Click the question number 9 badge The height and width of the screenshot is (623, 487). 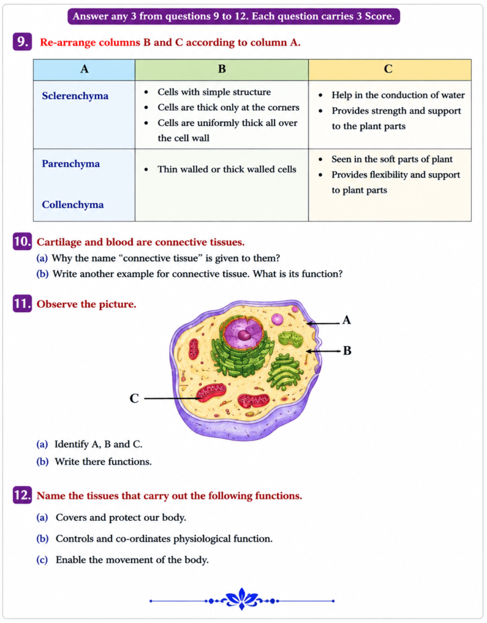(23, 42)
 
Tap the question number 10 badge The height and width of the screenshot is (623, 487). (23, 242)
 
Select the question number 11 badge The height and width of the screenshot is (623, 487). (23, 304)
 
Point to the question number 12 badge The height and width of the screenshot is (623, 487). (23, 495)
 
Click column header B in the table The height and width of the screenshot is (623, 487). (222, 69)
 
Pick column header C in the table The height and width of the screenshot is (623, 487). (388, 69)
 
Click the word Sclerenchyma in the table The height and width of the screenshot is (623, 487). (75, 96)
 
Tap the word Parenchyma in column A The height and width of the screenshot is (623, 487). (71, 164)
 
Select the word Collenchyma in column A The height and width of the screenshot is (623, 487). (73, 204)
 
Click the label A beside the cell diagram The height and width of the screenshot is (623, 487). (346, 320)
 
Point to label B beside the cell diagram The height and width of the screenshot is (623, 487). (347, 351)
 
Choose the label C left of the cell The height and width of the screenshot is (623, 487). (135, 398)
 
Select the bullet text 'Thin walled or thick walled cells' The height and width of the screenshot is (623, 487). (227, 169)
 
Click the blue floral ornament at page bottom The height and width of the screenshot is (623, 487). (242, 599)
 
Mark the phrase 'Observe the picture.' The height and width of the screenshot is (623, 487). (86, 304)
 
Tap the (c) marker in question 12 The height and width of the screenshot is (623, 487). (42, 560)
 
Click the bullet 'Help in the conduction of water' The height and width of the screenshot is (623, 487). (398, 96)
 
